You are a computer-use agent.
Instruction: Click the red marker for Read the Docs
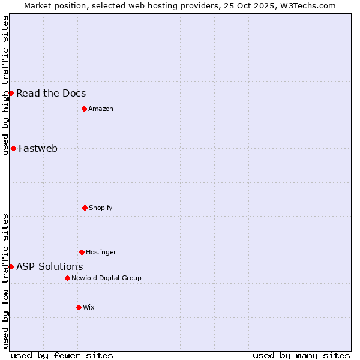point(11,93)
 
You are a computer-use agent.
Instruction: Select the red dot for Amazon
point(84,109)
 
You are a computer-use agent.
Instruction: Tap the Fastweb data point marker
point(13,148)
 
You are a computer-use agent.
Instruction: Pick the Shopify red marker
point(85,208)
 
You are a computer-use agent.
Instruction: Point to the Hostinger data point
point(82,252)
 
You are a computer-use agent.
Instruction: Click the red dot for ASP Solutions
point(11,266)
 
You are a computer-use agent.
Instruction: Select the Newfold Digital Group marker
point(67,278)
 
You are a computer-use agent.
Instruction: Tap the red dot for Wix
point(79,307)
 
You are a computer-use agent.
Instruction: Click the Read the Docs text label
point(51,93)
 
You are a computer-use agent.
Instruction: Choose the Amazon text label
point(101,109)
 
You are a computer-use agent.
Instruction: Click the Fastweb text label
point(38,148)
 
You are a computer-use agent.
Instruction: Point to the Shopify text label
point(101,208)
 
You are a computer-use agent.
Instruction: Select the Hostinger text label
point(101,252)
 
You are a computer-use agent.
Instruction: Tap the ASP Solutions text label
point(49,266)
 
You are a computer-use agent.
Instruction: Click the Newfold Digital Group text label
point(106,278)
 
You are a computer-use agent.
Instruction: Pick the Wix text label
point(89,307)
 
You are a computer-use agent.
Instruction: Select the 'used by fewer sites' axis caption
point(62,355)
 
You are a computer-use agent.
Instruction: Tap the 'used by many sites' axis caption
point(301,355)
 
